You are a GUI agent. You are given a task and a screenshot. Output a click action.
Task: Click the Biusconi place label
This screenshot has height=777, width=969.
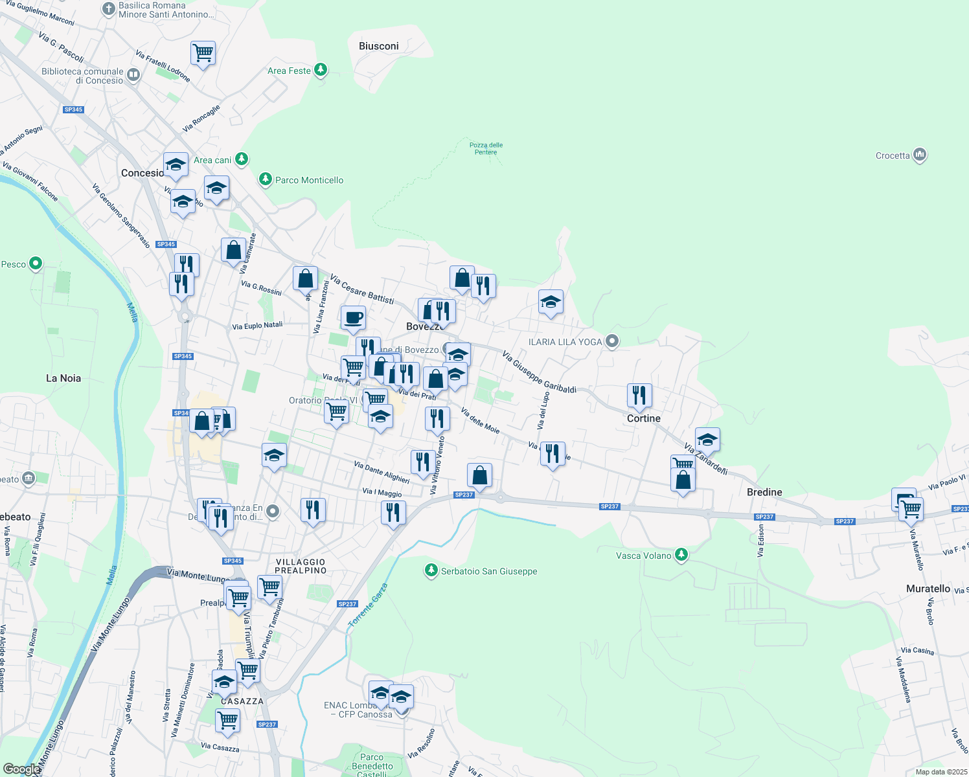379,46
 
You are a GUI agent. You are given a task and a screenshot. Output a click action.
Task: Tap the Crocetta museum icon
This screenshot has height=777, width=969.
920,155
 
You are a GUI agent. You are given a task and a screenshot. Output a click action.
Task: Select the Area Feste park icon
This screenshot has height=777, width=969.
321,70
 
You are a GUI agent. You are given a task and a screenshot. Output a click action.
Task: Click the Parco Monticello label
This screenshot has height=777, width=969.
309,180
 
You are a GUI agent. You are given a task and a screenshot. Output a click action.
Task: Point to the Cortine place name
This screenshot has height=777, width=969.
644,418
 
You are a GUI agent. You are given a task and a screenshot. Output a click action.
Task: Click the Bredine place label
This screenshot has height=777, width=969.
764,492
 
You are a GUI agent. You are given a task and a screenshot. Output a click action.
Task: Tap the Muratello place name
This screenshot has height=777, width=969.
928,589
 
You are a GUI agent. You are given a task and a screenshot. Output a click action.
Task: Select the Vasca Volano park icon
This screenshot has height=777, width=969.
681,555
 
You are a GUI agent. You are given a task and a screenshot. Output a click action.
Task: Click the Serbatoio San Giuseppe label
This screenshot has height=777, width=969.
489,571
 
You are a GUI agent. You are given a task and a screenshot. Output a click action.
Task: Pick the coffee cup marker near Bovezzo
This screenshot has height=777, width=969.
353,318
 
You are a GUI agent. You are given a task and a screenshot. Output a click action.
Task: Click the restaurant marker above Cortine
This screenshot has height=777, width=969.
639,395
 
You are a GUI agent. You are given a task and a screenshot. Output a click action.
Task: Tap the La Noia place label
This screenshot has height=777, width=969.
63,378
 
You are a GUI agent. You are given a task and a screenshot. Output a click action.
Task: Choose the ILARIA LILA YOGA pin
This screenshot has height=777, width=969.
612,341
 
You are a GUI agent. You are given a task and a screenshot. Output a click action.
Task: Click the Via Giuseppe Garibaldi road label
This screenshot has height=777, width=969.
539,372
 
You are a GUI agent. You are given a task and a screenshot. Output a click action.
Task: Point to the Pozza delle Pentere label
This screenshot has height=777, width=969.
486,148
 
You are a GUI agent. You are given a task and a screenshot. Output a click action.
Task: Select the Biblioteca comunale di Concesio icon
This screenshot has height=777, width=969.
133,74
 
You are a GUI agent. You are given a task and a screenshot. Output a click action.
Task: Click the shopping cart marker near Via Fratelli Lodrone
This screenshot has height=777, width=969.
203,53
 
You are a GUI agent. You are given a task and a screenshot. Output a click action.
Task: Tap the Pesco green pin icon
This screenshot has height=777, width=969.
36,264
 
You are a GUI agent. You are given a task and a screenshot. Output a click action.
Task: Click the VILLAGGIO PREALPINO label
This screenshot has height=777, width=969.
301,566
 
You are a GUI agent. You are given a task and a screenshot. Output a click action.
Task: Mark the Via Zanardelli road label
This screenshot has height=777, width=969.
705,458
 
